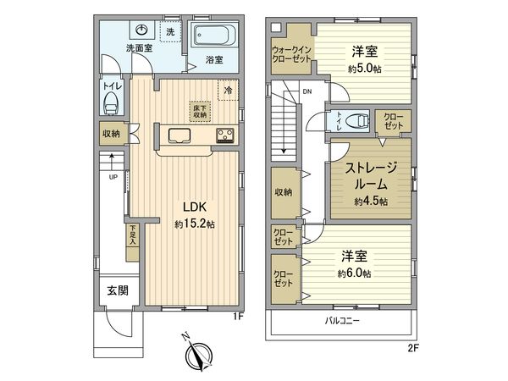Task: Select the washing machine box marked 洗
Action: pyautogui.click(x=170, y=32)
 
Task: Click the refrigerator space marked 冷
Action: pyautogui.click(x=227, y=88)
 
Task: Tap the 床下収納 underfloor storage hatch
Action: pyautogui.click(x=197, y=112)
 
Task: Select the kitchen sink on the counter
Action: pyautogui.click(x=180, y=136)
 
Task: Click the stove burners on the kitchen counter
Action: pyautogui.click(x=225, y=135)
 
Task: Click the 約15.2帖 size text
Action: pyautogui.click(x=195, y=224)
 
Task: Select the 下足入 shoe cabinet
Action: pyautogui.click(x=133, y=236)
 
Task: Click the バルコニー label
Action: pyautogui.click(x=342, y=321)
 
